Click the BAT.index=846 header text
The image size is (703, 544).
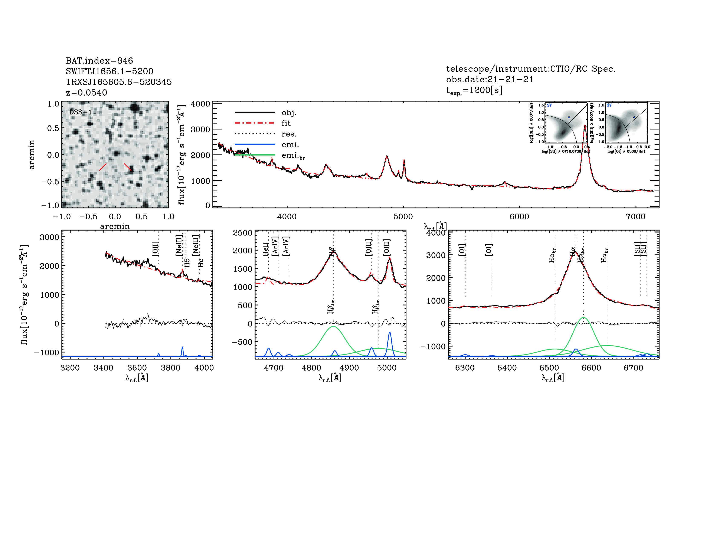coord(99,61)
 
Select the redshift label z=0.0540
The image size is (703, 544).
coord(86,93)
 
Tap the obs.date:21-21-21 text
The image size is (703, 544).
coord(489,79)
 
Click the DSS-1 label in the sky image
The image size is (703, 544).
coord(81,112)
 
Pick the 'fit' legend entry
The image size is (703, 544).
coord(286,123)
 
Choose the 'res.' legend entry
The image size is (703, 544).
coord(289,134)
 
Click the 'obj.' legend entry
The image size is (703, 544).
coord(289,112)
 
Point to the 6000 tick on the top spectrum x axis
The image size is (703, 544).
coord(519,217)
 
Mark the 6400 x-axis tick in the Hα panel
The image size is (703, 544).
coord(507,368)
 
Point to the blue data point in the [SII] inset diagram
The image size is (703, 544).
coord(569,117)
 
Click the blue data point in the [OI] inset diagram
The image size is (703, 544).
coord(634,117)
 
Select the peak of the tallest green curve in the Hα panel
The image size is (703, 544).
coord(583,318)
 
